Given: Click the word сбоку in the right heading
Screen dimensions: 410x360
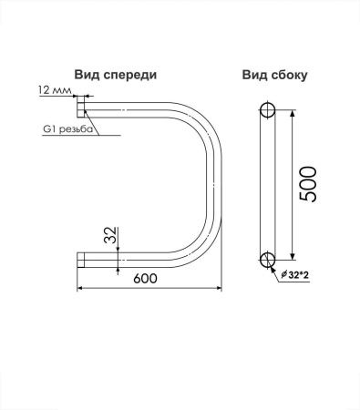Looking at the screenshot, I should [284, 76].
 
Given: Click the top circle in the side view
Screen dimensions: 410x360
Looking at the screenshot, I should [267, 112].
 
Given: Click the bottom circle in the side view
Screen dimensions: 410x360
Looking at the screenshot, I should [267, 259].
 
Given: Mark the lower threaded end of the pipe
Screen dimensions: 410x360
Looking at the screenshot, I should [81, 260].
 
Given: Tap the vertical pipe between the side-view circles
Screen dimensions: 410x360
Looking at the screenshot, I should [267, 185].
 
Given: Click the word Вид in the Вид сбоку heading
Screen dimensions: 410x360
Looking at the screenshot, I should [255, 76].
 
